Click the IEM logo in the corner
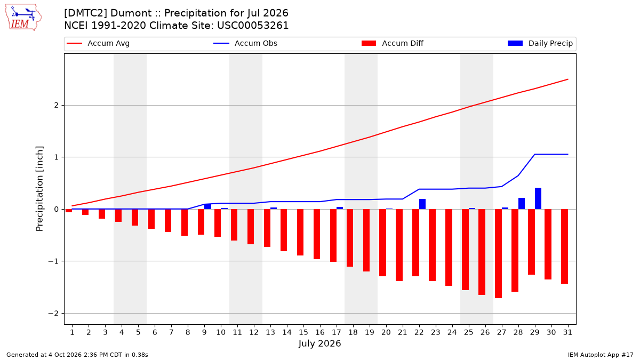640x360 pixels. (x=23, y=18)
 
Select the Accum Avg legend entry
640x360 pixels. (x=98, y=43)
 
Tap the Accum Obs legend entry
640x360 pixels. (x=245, y=43)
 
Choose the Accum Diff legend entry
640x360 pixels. (x=393, y=43)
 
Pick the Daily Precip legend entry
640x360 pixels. (x=540, y=43)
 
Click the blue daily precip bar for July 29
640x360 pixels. (x=538, y=198)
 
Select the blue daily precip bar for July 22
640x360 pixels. (x=422, y=204)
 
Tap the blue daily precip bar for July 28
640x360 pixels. (x=522, y=203)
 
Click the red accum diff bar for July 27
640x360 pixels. (x=498, y=254)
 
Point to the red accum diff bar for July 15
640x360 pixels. (x=300, y=233)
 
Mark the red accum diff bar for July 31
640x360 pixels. (x=564, y=246)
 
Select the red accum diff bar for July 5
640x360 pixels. (x=135, y=218)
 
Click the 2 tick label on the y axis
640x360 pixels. (x=57, y=106)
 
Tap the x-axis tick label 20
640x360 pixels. (x=386, y=332)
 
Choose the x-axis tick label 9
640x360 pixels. (x=204, y=332)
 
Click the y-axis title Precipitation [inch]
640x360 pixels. (x=39, y=189)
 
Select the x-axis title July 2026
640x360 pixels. (x=319, y=343)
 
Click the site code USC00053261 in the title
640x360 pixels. (x=253, y=26)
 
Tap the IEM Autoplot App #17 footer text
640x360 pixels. (x=601, y=355)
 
